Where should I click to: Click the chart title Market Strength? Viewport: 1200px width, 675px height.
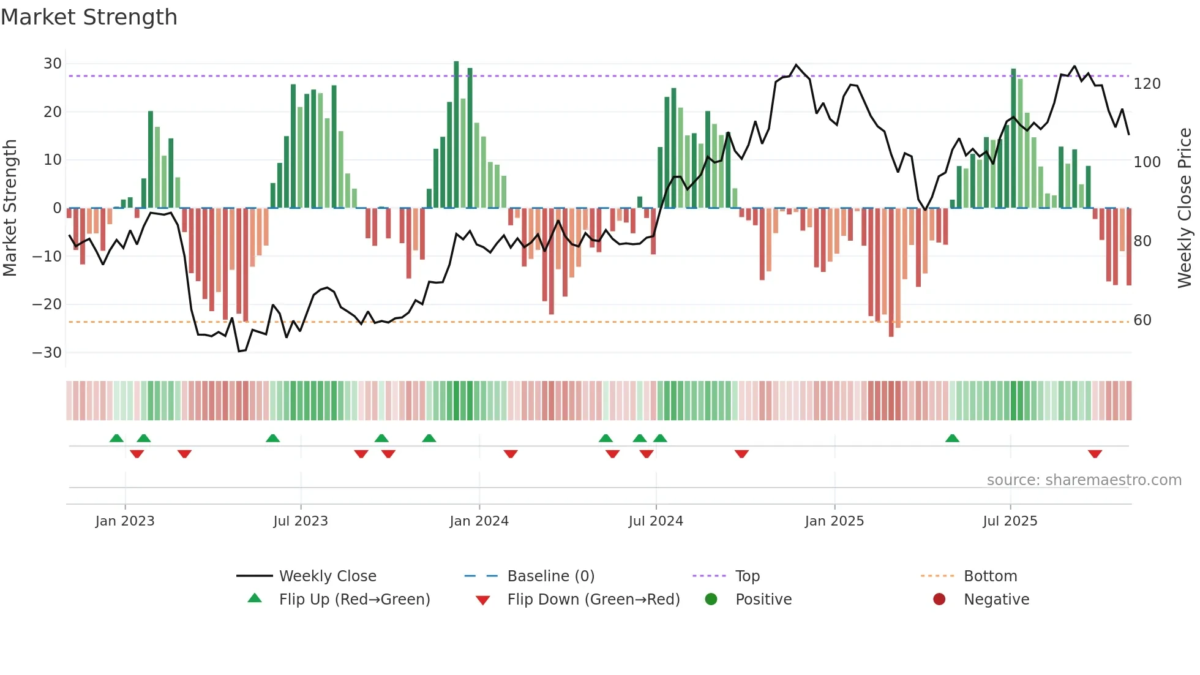pos(89,17)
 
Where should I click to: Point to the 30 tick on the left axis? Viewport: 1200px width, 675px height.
pos(53,64)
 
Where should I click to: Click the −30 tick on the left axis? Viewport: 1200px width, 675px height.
pos(47,353)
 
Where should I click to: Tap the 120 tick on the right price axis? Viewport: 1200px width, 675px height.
pos(1147,84)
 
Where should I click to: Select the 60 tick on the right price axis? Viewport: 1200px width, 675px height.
pos(1142,320)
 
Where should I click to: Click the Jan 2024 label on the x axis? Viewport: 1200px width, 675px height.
pos(479,521)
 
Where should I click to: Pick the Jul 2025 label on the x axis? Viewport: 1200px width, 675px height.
pos(1010,521)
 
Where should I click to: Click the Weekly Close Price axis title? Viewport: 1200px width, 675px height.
pos(1185,208)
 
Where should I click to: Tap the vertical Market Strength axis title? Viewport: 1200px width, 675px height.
pos(10,208)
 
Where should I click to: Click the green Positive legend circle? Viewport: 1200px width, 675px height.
pos(711,599)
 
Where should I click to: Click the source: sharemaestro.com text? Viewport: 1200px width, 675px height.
pos(1084,480)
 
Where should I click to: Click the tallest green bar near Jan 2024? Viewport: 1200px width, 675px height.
pos(456,135)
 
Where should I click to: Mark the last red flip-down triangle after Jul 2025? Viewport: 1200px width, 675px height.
pos(1095,454)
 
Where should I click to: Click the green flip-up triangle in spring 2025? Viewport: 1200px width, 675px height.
pos(952,438)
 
